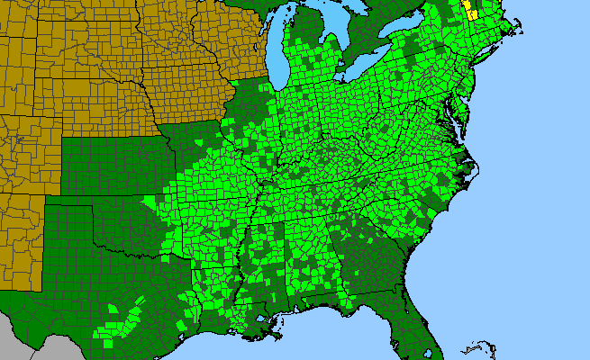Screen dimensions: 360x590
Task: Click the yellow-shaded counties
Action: pyautogui.click(x=470, y=10)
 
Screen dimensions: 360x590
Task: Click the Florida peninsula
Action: pyautogui.click(x=414, y=310)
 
